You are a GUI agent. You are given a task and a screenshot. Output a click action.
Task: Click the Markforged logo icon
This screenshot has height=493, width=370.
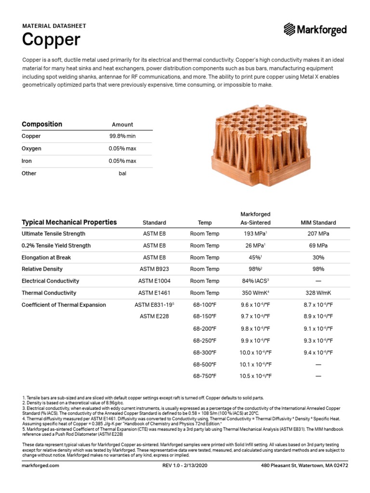point(290,29)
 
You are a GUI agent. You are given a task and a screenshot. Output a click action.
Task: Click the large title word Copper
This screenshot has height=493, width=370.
point(51,40)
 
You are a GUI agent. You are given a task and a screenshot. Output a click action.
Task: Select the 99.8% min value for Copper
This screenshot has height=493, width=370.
point(122,136)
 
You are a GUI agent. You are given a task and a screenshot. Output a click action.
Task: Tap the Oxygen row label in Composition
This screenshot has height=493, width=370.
point(31,148)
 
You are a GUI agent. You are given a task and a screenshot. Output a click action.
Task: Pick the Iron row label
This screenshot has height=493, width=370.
point(27,161)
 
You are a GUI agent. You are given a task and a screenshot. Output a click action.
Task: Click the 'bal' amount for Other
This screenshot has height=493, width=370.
point(122,173)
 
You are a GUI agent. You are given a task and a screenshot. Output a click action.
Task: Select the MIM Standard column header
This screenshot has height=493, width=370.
point(318,222)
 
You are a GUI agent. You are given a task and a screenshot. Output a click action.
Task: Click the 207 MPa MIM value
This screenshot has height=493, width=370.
point(318,234)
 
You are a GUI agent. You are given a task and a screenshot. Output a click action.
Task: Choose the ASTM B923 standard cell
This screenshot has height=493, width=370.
point(154,269)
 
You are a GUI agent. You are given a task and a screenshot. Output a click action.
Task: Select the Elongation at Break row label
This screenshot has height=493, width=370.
point(46,258)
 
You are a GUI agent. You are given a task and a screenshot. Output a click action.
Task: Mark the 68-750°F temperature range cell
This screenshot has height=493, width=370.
point(205,376)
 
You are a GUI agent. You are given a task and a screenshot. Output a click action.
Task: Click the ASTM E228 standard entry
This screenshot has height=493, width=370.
point(154,316)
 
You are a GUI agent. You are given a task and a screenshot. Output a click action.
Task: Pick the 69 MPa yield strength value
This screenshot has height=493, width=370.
point(318,246)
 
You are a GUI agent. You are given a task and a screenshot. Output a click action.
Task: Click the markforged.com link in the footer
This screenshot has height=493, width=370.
point(40,466)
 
